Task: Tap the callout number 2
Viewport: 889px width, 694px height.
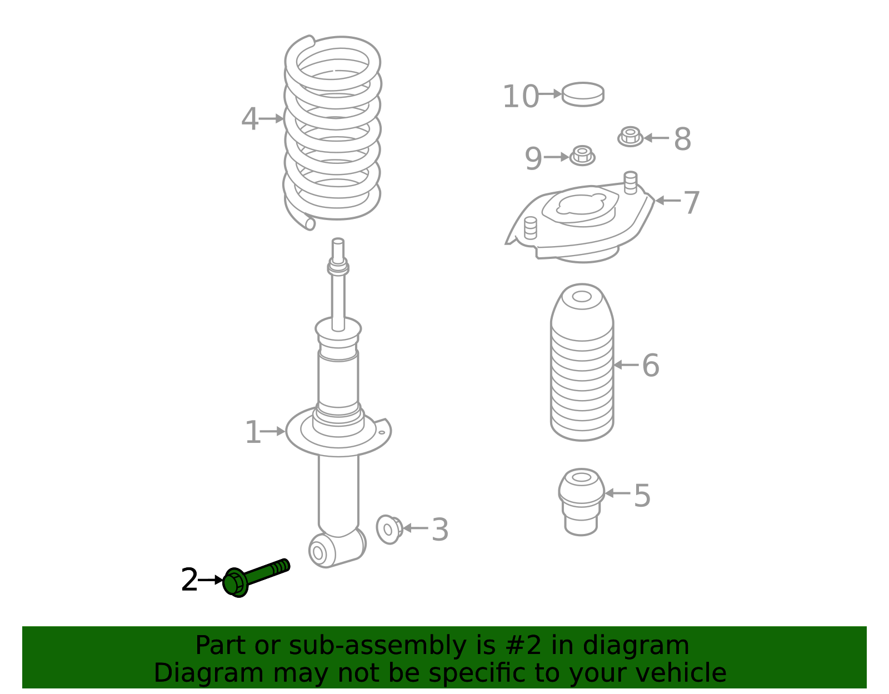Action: [x=189, y=580]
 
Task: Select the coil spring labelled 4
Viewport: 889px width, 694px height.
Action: [x=332, y=133]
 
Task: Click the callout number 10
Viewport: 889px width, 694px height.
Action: [x=521, y=97]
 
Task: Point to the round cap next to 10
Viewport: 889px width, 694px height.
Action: [x=583, y=94]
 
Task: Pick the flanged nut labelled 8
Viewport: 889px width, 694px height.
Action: [x=630, y=137]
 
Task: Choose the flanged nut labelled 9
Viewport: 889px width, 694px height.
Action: [x=582, y=156]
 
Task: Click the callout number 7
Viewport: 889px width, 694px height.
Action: [x=692, y=202]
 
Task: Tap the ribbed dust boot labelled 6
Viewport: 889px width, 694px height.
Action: [x=582, y=362]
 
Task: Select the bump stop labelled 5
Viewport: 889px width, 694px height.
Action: [x=581, y=502]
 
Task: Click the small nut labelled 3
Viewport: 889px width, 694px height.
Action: [x=389, y=529]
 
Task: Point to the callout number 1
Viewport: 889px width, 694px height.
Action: [x=253, y=432]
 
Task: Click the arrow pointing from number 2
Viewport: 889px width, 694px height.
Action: [x=211, y=580]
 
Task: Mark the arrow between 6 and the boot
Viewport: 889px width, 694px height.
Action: [x=626, y=365]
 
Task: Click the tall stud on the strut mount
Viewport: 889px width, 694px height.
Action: [x=631, y=182]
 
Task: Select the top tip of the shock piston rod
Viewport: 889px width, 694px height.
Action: [x=338, y=239]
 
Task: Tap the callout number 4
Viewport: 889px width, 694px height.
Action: [x=249, y=119]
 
